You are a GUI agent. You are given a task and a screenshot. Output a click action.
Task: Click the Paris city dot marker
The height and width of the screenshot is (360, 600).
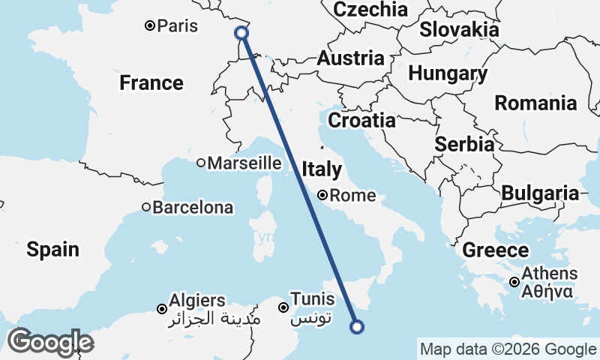pyautogui.click(x=150, y=26)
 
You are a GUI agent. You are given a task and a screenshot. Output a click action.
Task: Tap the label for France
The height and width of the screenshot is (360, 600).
pyautogui.click(x=151, y=83)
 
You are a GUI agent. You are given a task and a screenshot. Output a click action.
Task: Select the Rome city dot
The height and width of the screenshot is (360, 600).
pyautogui.click(x=322, y=196)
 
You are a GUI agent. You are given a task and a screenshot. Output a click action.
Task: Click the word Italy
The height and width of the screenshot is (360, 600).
pyautogui.click(x=322, y=169)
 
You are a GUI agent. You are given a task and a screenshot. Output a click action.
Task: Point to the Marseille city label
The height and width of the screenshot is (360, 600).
pyautogui.click(x=244, y=163)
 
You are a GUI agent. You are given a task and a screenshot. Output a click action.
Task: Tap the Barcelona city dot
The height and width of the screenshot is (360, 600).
pyautogui.click(x=147, y=207)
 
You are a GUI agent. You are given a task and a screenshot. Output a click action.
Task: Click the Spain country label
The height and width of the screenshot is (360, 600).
pyautogui.click(x=52, y=249)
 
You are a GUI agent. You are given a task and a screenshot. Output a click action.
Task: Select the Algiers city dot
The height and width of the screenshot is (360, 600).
pyautogui.click(x=161, y=308)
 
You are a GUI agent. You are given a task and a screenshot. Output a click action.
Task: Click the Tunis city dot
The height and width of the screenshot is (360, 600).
pyautogui.click(x=283, y=307)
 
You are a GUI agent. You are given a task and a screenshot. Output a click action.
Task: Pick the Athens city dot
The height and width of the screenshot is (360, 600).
pyautogui.click(x=514, y=282)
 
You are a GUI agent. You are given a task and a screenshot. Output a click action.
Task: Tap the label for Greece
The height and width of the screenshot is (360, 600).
pyautogui.click(x=496, y=250)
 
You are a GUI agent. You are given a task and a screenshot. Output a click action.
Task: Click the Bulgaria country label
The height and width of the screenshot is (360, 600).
pyautogui.click(x=540, y=193)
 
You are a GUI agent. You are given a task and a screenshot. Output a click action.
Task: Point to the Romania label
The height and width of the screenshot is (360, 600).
pyautogui.click(x=535, y=103)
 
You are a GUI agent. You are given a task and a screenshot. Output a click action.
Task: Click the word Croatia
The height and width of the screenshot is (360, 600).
pyautogui.click(x=362, y=120)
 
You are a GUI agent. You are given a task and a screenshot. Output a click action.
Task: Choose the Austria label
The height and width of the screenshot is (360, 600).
pyautogui.click(x=351, y=58)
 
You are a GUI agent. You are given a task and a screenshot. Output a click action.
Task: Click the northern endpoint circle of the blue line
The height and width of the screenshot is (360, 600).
pyautogui.click(x=241, y=32)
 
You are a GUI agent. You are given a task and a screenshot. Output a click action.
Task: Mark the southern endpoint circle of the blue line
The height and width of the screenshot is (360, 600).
pyautogui.click(x=357, y=326)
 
